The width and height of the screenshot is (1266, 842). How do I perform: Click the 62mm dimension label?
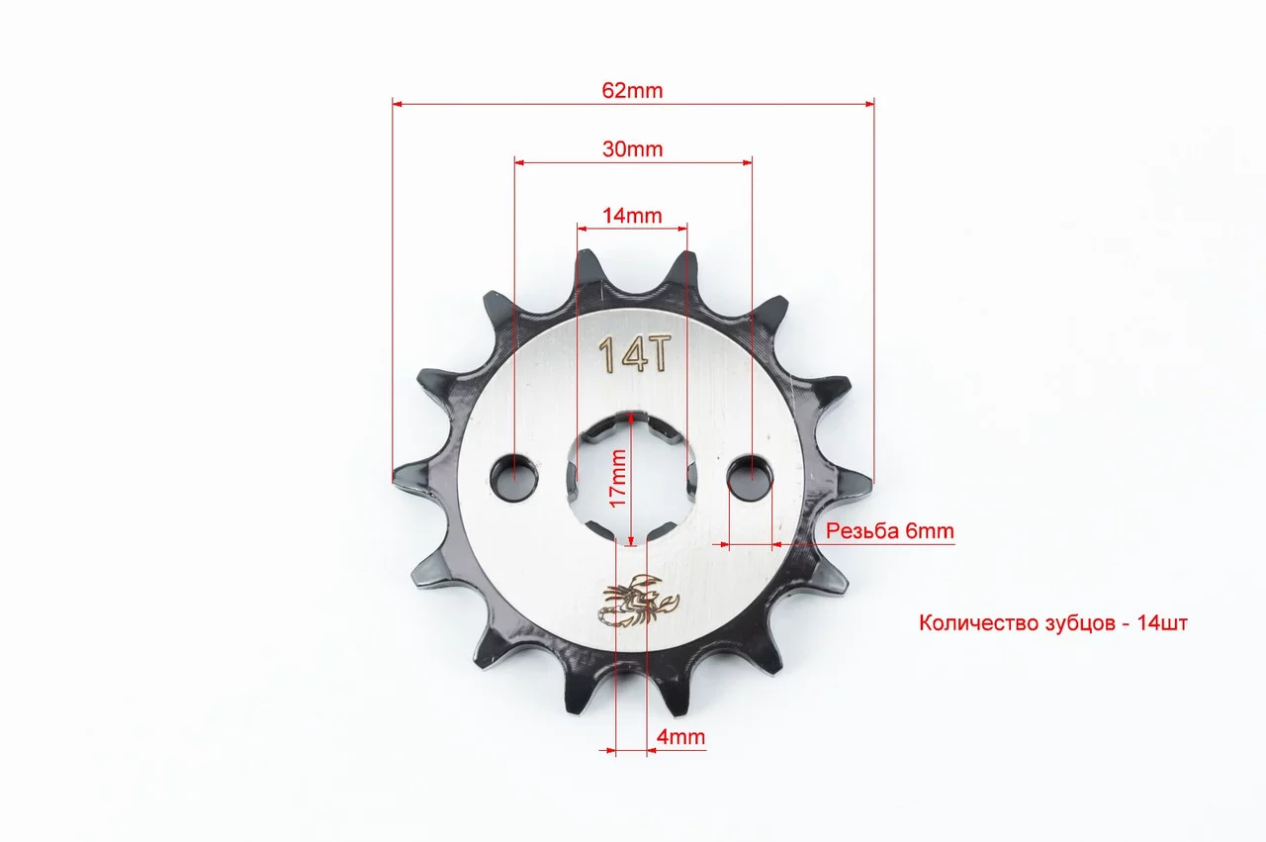pyautogui.click(x=632, y=90)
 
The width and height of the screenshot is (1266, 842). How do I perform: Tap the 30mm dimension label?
pyautogui.click(x=632, y=149)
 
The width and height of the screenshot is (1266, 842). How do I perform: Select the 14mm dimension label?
pyautogui.click(x=632, y=216)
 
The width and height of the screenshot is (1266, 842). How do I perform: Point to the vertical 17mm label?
pyautogui.click(x=618, y=479)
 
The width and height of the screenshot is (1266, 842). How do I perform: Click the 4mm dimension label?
pyautogui.click(x=680, y=737)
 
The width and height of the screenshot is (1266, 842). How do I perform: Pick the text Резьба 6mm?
pyautogui.click(x=889, y=530)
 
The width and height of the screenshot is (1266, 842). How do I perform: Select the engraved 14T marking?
pyautogui.click(x=635, y=354)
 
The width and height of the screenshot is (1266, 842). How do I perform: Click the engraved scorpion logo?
pyautogui.click(x=640, y=601)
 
